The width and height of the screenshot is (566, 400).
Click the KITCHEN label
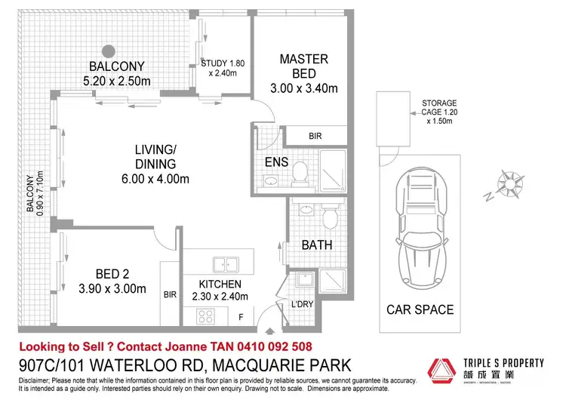click(x=220, y=284)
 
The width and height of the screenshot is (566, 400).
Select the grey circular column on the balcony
click(x=109, y=51)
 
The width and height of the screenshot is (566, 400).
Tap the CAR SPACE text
click(x=420, y=309)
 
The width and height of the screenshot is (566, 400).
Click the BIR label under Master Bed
click(x=316, y=137)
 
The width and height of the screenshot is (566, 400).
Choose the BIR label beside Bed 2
click(x=170, y=297)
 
